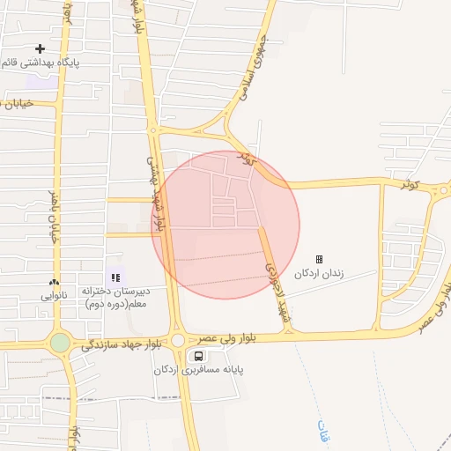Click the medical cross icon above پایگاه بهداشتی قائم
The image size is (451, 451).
(40, 48)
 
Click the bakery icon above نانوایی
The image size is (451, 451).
(55, 283)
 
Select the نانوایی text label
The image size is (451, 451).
(55, 296)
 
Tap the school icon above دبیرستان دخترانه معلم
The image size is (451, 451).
(115, 277)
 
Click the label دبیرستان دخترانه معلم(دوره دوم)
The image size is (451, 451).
(118, 297)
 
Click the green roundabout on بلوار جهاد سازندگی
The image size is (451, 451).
(60, 343)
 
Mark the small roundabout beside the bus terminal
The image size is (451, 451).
(177, 340)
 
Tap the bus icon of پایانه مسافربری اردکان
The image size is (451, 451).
(199, 356)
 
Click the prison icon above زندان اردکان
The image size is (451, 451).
(319, 260)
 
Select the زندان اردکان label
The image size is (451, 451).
(319, 274)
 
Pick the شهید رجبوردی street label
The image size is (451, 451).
(273, 276)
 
